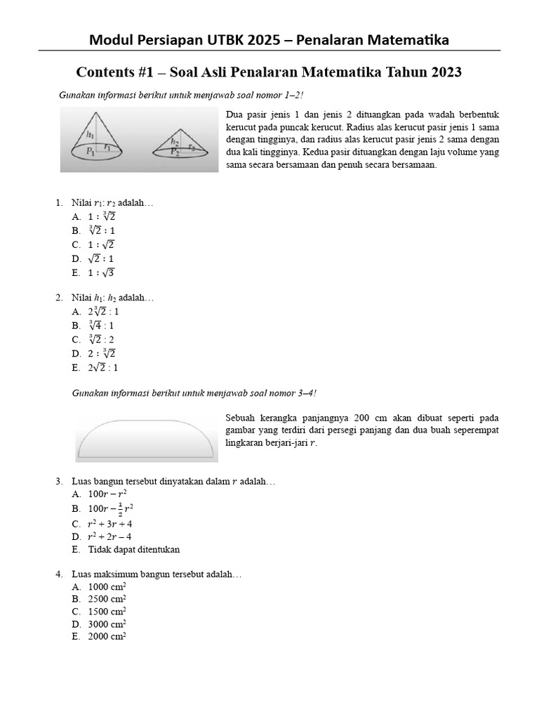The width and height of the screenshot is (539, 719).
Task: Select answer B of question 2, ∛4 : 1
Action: [101, 326]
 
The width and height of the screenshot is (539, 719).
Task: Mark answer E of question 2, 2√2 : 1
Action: [103, 367]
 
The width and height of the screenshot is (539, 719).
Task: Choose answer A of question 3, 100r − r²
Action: [107, 494]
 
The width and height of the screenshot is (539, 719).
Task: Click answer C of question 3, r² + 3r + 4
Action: [109, 524]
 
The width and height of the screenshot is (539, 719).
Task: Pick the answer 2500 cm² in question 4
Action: [107, 599]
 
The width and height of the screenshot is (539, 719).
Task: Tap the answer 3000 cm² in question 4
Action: [107, 624]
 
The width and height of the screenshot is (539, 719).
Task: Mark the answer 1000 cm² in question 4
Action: [107, 586]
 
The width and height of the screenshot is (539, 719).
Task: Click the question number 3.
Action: [59, 481]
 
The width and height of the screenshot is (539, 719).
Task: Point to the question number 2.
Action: [59, 298]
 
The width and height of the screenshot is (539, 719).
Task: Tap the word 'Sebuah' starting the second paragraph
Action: [241, 416]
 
